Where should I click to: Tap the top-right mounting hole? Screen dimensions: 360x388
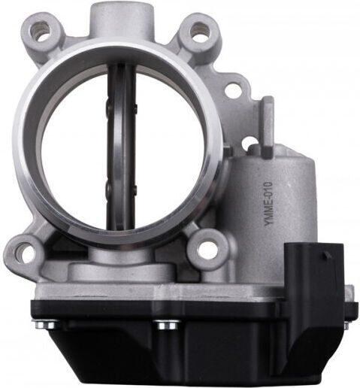point(199,32)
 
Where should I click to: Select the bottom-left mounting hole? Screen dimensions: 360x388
point(24,251)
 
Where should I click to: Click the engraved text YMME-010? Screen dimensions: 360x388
point(268,204)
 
